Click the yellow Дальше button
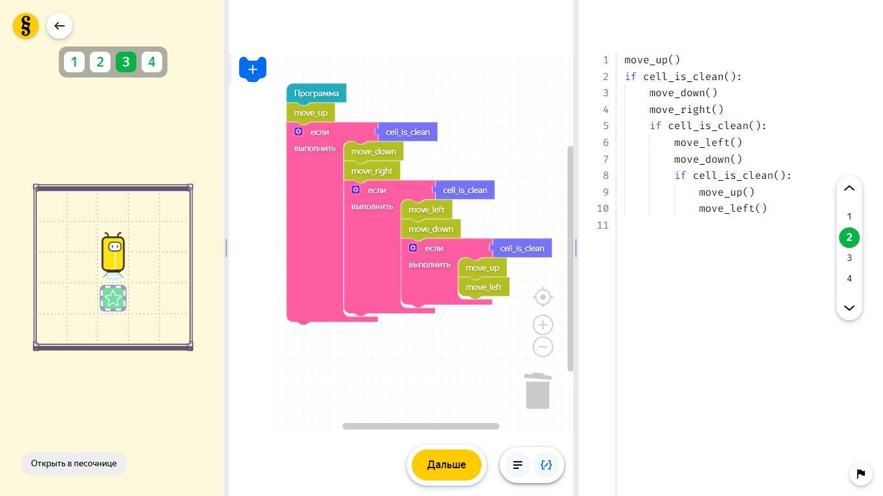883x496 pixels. (446, 465)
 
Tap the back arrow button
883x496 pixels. (59, 26)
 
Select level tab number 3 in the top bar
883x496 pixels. (126, 62)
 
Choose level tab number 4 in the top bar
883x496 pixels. (152, 62)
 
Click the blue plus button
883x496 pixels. (253, 69)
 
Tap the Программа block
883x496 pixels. (316, 94)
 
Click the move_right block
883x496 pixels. (372, 171)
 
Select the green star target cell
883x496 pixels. (113, 298)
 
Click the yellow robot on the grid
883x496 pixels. (113, 254)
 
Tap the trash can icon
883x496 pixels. (538, 391)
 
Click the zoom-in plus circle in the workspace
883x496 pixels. (543, 325)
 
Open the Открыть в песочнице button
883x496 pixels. (74, 463)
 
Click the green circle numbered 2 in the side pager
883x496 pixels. (849, 238)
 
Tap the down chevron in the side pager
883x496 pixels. (849, 307)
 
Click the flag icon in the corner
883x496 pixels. (860, 473)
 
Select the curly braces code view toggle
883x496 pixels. (546, 465)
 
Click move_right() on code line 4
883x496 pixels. (686, 110)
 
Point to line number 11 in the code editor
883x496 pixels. (602, 225)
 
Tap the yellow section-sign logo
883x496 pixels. (26, 26)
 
